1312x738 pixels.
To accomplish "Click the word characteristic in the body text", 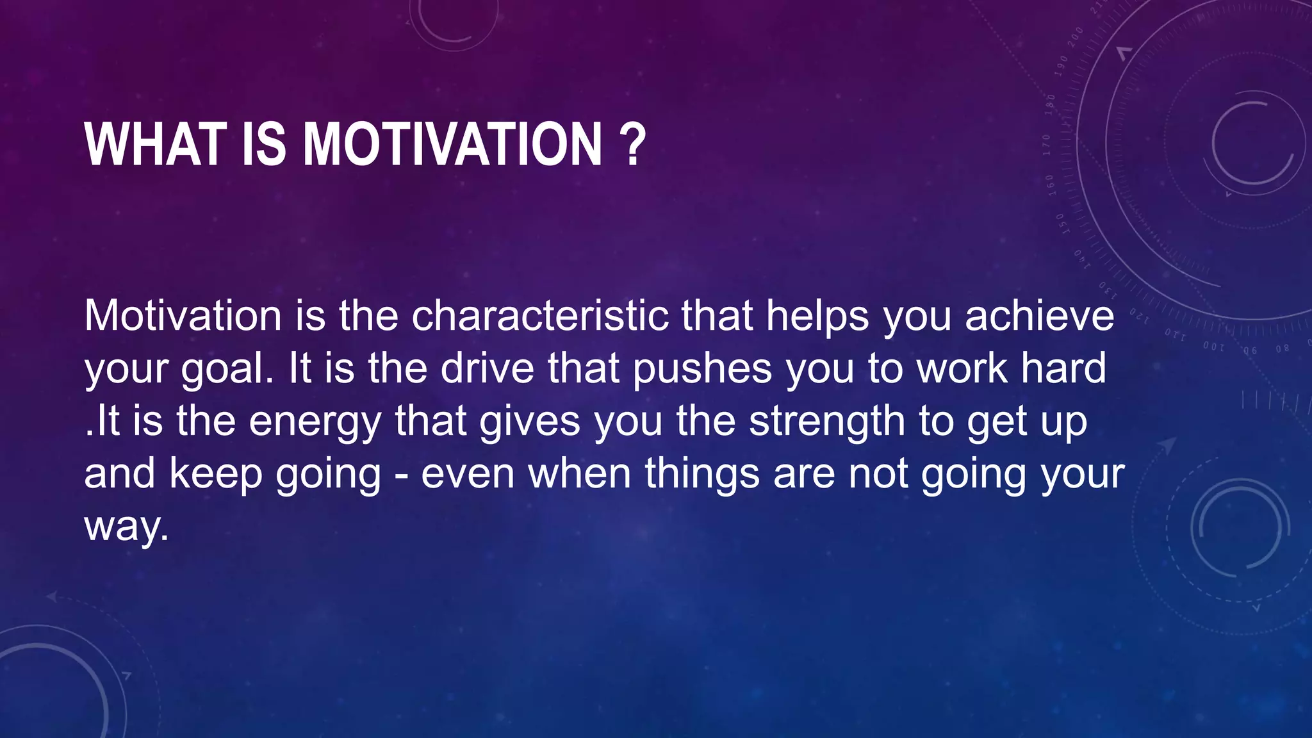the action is click(540, 316).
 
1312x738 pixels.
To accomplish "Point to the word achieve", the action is click(1040, 316).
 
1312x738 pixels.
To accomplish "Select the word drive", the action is click(488, 368).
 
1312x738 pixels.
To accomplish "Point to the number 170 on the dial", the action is click(1047, 145).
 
